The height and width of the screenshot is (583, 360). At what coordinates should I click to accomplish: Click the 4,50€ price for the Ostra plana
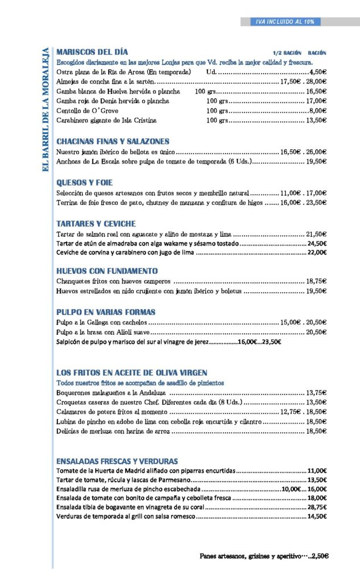pos(317,72)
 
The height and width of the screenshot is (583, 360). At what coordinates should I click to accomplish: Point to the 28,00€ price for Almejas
pos(316,82)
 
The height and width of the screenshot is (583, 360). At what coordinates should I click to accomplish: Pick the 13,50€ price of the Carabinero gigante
pos(316,121)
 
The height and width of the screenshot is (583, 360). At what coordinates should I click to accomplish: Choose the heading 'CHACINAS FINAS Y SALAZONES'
pos(113,141)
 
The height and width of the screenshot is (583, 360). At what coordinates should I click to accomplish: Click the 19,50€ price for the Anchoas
pos(316,162)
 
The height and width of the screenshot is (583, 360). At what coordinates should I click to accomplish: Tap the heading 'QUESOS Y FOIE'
pos(84,183)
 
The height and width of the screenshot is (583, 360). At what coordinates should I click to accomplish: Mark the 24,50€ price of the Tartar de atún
pos(317,244)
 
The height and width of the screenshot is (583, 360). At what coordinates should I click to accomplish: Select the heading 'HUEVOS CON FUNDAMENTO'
pos(107,271)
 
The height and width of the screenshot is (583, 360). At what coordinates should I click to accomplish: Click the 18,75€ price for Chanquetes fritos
pos(316,281)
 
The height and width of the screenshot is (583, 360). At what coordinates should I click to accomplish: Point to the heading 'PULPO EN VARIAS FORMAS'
pos(106,313)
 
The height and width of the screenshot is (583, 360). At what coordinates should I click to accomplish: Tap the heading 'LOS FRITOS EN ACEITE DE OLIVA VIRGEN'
pos(132,373)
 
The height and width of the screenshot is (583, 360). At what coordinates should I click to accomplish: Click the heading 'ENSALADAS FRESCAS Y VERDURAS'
pos(117,461)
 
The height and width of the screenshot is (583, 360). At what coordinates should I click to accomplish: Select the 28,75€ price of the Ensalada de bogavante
pos(317,507)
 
